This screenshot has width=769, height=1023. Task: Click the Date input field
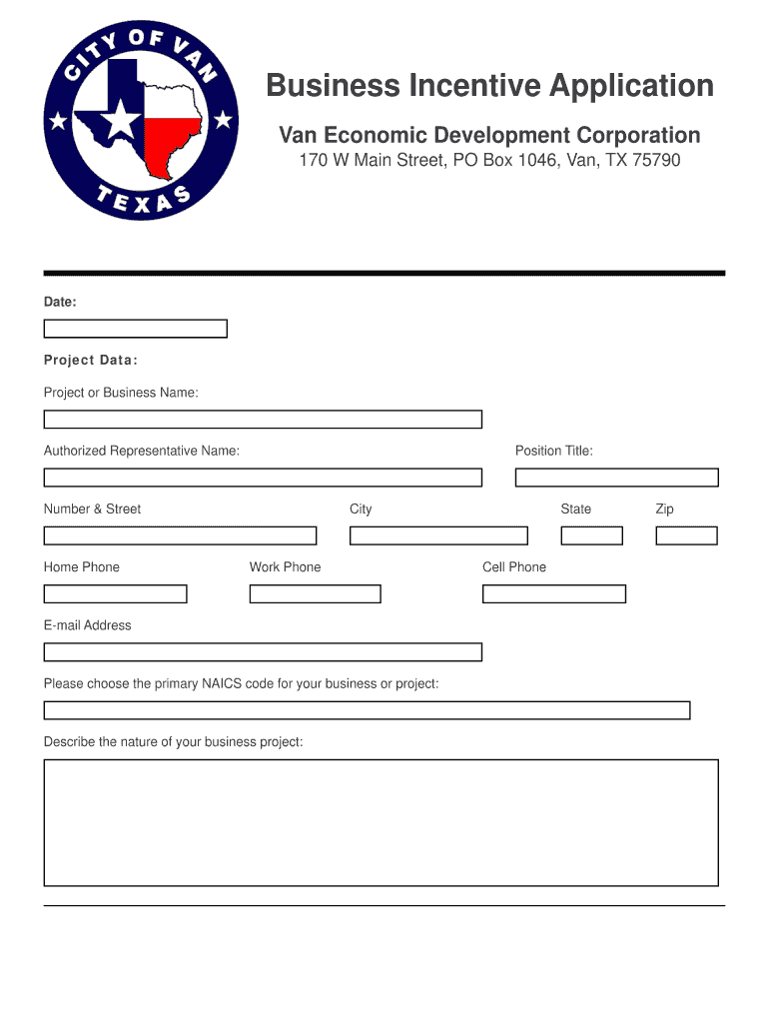[x=135, y=329]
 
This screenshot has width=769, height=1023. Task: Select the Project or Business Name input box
[x=263, y=420]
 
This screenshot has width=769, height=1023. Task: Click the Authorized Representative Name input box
[x=263, y=478]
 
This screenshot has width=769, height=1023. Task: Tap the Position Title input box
[x=616, y=478]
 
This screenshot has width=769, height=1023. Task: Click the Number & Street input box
[x=180, y=535]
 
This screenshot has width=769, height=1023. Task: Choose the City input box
[x=438, y=535]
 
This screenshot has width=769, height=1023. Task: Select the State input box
[x=591, y=535]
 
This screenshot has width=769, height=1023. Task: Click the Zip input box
[x=686, y=535]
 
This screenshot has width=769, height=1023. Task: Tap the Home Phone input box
[x=115, y=593]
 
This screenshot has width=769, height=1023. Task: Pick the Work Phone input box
[x=315, y=593]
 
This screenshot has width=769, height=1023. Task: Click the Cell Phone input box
[x=553, y=593]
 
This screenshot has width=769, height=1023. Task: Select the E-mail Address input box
[x=263, y=651]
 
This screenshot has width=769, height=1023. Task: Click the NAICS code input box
[x=367, y=710]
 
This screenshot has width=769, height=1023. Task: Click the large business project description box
[x=381, y=822]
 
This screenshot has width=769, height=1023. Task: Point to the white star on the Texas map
[x=121, y=122]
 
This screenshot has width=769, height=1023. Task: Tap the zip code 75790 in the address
[x=653, y=160]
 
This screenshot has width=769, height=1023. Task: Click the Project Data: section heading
[x=91, y=361]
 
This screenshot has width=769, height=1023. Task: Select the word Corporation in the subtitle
[x=637, y=135]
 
